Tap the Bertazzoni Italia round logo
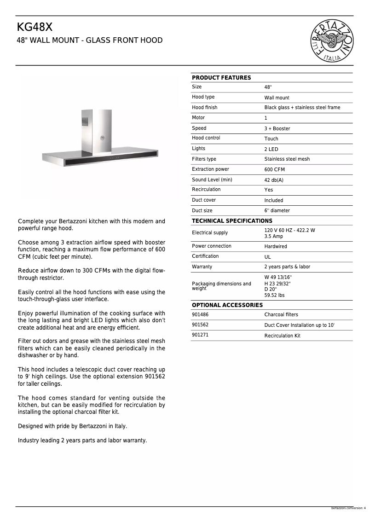point(333,41)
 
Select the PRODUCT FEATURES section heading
point(221,78)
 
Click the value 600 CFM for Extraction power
point(274,170)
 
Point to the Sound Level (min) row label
point(212,180)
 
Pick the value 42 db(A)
point(274,180)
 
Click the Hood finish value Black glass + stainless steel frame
point(302,108)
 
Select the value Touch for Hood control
point(271,139)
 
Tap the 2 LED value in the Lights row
point(271,149)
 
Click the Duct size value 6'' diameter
point(277,211)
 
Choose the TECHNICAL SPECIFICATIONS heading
point(232,221)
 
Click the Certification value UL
point(267,257)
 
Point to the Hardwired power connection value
point(275,247)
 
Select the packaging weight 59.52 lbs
point(274,296)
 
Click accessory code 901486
point(200,314)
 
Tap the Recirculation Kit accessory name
point(282,336)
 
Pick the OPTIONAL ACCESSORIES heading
point(227,305)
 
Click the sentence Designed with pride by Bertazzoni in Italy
point(72,426)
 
